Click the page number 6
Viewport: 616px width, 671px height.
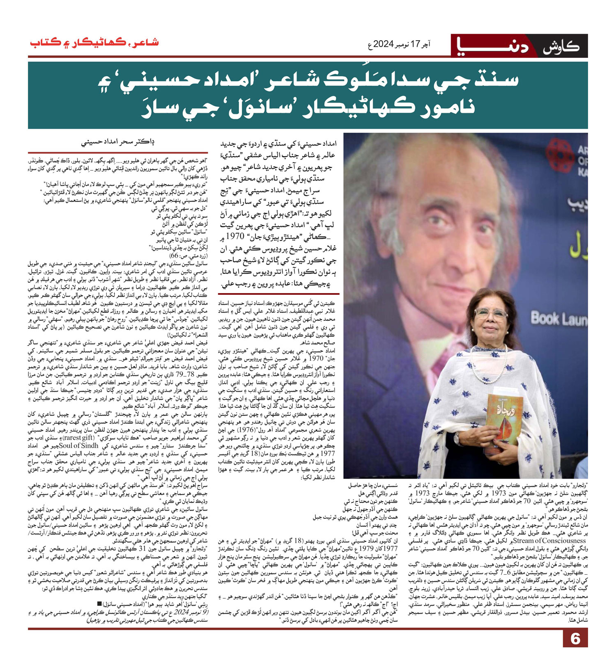575,639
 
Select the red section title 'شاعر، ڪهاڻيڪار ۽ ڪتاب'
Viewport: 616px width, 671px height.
94,43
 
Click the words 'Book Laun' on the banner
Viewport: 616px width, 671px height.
559,319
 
